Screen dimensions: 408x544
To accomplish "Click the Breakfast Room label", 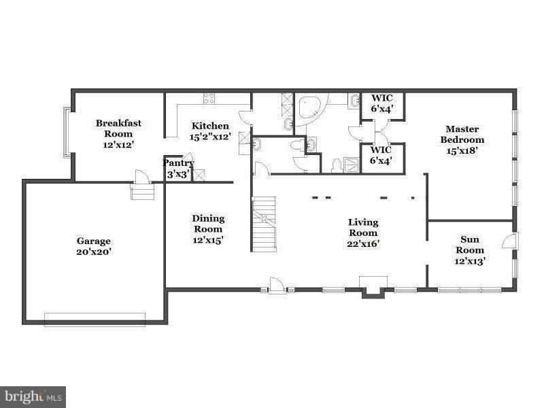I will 118,129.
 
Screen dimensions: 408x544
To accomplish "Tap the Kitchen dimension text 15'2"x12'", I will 210,137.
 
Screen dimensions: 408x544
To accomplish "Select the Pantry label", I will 179,163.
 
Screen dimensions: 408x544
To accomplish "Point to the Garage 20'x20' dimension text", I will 93,252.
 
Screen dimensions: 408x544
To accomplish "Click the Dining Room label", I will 208,224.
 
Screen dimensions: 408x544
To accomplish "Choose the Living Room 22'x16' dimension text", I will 363,243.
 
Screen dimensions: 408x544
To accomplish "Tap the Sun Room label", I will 469,245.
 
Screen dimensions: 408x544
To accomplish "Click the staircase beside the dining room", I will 264,222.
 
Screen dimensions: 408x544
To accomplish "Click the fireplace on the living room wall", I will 373,286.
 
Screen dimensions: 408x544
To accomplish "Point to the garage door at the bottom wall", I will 95,318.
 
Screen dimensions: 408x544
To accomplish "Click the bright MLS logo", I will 32,396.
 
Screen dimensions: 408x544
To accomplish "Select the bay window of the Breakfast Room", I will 67,133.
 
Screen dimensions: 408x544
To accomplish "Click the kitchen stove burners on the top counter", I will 208,99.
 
